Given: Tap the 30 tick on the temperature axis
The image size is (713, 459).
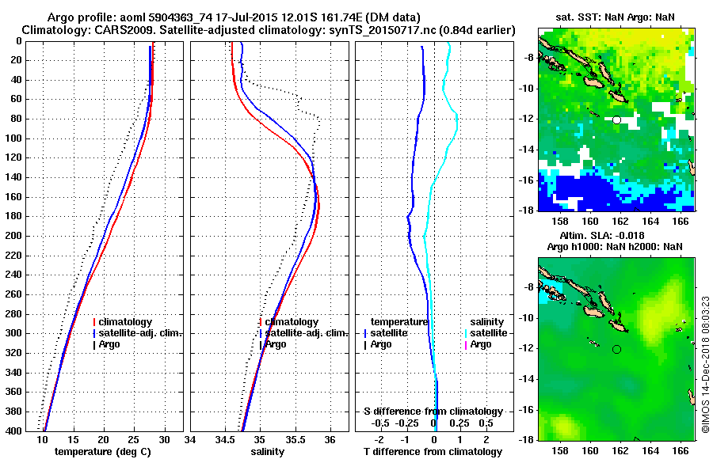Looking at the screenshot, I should (x=164, y=440).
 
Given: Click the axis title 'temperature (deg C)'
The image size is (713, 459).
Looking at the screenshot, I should (x=102, y=452).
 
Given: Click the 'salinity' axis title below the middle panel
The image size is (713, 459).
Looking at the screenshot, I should (x=267, y=452).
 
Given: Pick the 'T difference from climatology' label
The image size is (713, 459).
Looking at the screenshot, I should (x=433, y=452).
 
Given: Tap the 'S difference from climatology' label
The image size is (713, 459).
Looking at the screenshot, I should (x=433, y=412).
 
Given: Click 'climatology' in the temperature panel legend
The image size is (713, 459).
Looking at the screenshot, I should (x=127, y=322).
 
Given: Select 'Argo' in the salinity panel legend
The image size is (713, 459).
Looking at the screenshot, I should (x=275, y=344).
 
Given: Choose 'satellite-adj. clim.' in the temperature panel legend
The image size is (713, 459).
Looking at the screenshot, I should (x=141, y=333).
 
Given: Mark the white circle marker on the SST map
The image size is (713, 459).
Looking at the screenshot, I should (x=616, y=119).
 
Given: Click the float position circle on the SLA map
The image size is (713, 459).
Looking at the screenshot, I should (x=616, y=349).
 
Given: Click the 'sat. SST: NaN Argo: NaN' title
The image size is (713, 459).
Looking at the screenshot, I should (x=615, y=17).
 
